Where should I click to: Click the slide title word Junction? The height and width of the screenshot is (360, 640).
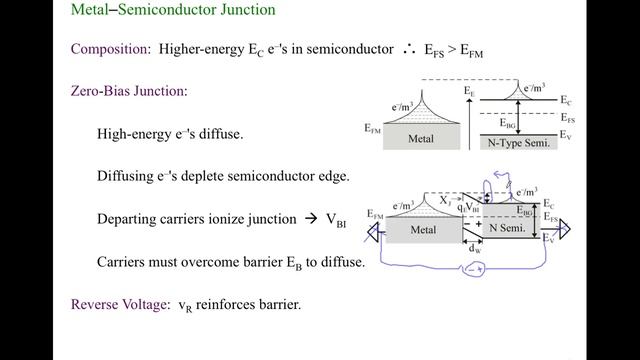245,11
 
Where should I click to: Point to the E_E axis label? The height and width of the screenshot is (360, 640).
469,91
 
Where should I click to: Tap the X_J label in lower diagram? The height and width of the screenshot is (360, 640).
444,200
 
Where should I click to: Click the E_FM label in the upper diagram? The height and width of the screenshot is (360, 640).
373,128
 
